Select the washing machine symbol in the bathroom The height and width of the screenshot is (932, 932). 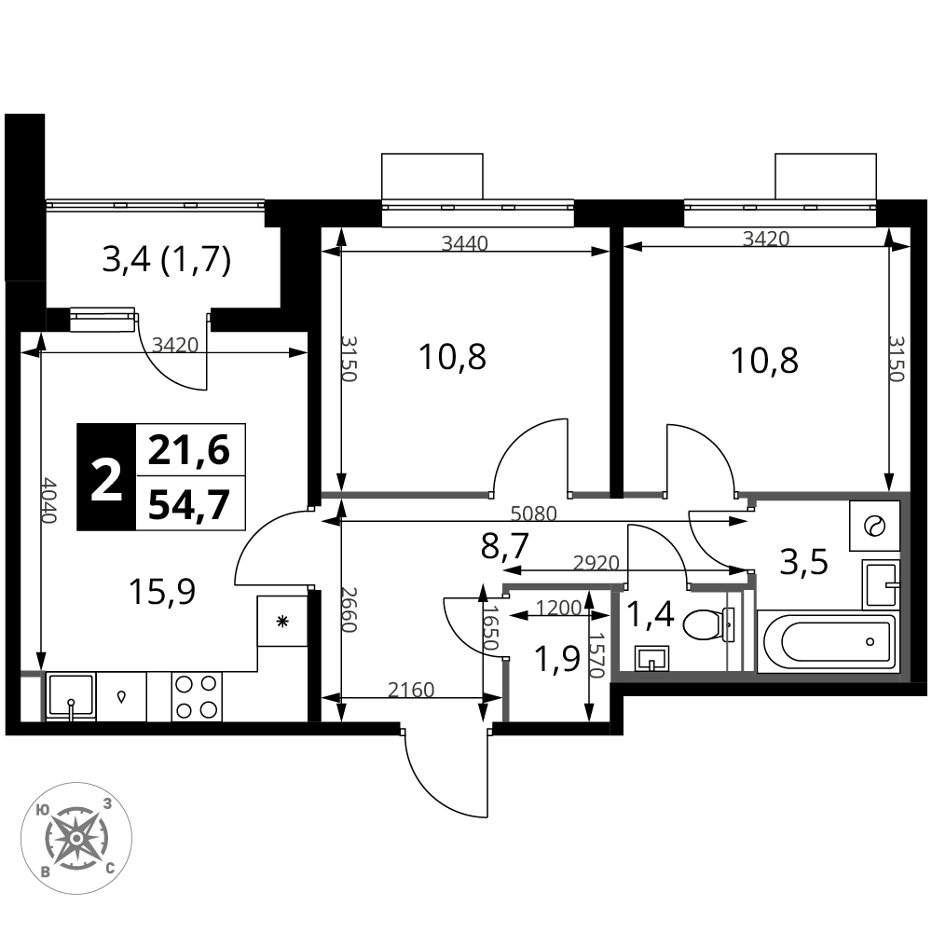coord(874,526)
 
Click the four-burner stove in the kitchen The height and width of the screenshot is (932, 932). coord(197,696)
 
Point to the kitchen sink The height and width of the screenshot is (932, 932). coord(71,696)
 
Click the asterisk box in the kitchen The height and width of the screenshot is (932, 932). coord(282,622)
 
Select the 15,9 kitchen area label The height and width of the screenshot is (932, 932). coord(162,592)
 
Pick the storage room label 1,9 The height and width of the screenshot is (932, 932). coord(557,659)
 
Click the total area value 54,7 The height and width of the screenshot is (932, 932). coord(189,504)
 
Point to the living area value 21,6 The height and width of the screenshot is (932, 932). coord(189,450)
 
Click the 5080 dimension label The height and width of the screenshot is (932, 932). coord(534,514)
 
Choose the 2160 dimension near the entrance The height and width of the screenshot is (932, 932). coord(411,690)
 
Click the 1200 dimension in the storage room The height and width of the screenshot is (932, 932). coord(558,608)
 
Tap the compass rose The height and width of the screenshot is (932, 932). coord(76,838)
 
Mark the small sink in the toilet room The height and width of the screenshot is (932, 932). coord(651,659)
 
